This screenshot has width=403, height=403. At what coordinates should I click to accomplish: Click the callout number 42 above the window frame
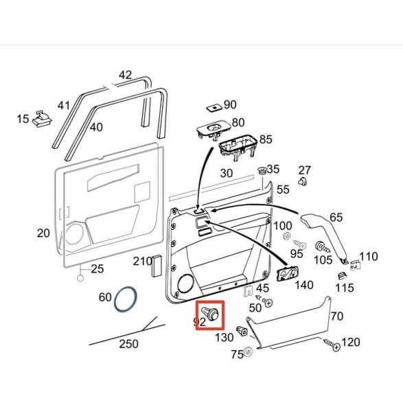[125, 75]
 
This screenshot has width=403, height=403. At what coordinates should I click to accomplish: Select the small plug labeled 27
[302, 183]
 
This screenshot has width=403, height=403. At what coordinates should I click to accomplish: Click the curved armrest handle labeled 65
[323, 234]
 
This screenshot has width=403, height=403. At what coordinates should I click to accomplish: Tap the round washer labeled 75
[248, 352]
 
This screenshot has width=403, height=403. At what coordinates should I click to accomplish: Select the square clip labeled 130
[242, 332]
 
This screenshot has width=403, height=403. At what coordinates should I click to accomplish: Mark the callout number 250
[128, 343]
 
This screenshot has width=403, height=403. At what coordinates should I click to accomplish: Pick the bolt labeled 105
[321, 246]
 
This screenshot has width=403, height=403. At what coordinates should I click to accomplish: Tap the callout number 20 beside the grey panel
[43, 233]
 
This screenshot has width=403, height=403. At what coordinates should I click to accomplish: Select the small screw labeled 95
[298, 243]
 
